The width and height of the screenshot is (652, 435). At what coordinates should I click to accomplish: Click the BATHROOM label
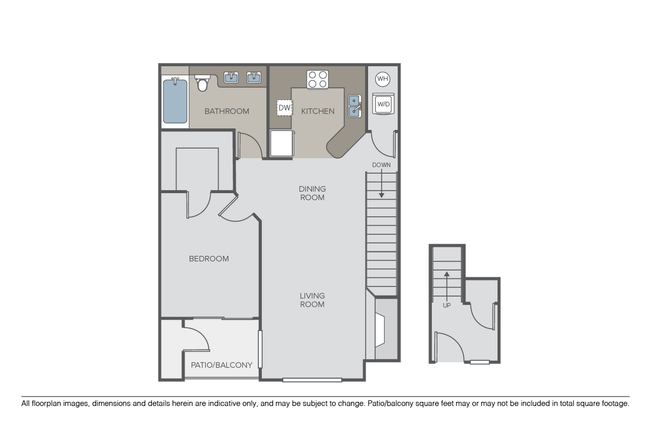[227, 111]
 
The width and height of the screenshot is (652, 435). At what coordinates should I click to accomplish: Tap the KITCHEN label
[318, 111]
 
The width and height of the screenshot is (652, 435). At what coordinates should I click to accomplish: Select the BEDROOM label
[209, 259]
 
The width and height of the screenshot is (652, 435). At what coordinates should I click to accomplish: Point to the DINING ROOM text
[312, 193]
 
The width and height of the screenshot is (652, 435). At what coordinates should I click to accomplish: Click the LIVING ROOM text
[312, 300]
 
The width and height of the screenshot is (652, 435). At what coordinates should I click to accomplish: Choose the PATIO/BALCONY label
[221, 365]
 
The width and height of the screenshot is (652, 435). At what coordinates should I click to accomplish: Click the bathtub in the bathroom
[175, 100]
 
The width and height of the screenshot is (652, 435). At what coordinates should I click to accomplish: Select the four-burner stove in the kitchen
[318, 79]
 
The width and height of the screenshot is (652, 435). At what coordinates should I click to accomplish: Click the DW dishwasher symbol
[284, 108]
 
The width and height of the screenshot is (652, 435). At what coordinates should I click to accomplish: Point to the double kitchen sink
[354, 105]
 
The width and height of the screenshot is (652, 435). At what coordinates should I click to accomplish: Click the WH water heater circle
[382, 79]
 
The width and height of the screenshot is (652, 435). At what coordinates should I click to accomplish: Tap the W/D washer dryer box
[383, 104]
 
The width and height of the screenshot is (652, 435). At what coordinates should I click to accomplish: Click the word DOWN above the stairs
[381, 165]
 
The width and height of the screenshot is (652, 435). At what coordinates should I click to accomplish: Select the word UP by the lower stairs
[446, 305]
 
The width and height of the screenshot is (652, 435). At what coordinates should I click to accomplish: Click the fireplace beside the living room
[381, 329]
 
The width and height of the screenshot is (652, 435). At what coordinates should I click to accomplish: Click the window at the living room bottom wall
[312, 380]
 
